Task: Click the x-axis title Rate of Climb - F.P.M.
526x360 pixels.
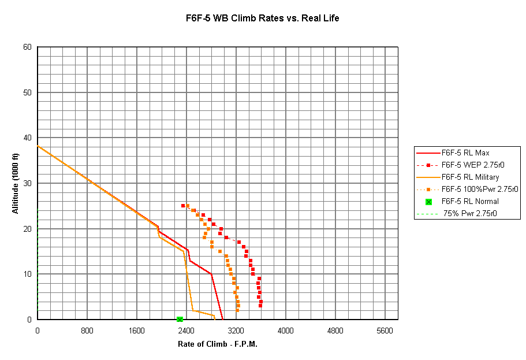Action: point(217,344)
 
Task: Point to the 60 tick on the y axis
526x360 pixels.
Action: point(27,47)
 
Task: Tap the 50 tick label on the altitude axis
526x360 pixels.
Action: point(27,92)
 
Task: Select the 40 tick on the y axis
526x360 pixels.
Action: point(27,138)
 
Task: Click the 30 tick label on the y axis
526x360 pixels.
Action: point(27,183)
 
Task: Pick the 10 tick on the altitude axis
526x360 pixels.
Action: point(27,274)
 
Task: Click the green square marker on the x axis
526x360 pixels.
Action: point(180,320)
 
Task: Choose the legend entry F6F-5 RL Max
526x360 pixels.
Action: point(465,153)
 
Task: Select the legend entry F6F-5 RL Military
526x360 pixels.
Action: point(470,177)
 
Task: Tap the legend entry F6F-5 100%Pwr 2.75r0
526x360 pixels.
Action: point(479,189)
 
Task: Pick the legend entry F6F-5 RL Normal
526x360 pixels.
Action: point(469,201)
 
